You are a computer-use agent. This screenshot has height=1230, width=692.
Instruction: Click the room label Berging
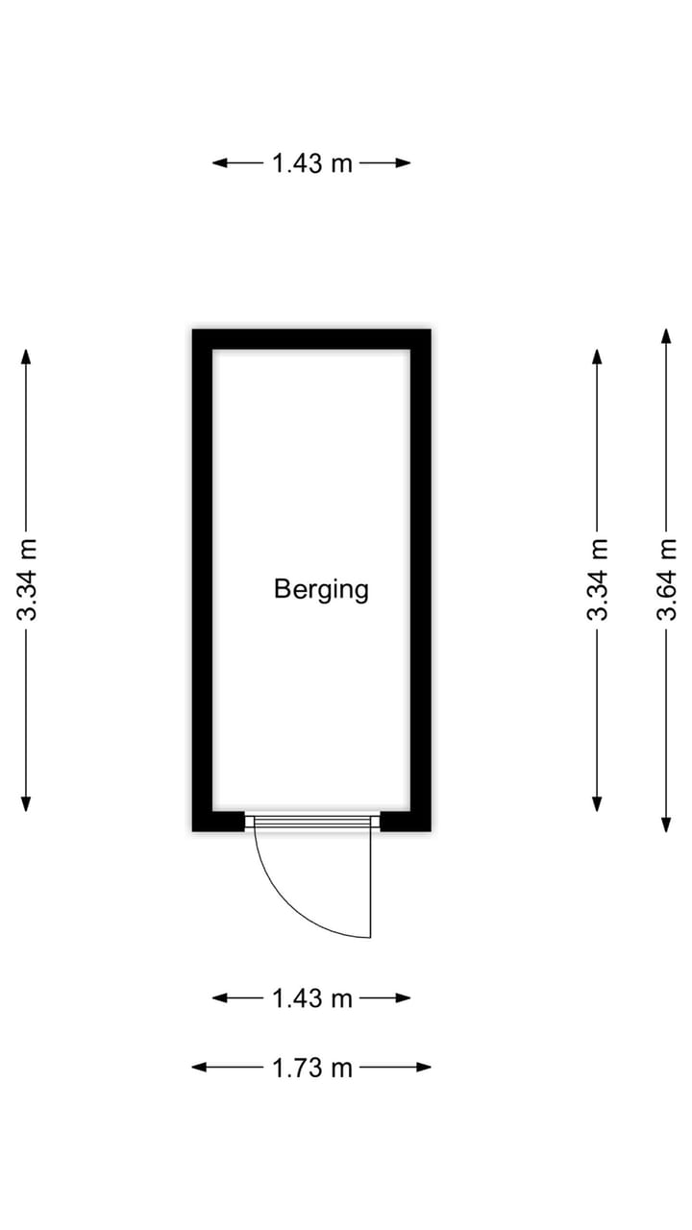pos(321,590)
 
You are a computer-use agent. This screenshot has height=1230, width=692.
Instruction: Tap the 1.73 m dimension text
pos(312,1068)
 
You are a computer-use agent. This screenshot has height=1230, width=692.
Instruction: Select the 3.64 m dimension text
pos(666,579)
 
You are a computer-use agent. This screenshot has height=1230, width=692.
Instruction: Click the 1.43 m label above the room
pos(312,163)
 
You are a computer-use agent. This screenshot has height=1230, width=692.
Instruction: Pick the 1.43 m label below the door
pos(312,998)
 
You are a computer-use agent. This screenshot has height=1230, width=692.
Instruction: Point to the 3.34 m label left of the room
pos(26,579)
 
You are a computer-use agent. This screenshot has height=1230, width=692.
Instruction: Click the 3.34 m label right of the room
pos(597,579)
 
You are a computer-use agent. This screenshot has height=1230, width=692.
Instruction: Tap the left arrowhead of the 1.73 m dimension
pos(198,1068)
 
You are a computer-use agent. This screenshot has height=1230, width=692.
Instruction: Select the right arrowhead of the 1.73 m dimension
pos(424,1068)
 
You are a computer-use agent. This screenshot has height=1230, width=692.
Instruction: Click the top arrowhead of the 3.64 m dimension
pos(666,335)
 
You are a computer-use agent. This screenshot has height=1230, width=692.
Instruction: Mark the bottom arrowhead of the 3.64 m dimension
pos(666,824)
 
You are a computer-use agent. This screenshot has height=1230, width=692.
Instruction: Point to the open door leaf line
pos(371,884)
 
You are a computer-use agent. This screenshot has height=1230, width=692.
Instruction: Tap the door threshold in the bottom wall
pos(312,822)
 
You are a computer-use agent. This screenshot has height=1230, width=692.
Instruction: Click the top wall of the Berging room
pos(311,339)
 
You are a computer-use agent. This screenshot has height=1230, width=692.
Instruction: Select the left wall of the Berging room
pos(202,579)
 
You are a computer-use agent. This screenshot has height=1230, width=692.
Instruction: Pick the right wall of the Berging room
pos(421,579)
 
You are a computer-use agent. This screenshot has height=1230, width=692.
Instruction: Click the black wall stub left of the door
pos(218,821)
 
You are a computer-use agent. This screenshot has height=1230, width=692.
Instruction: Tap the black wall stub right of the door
pos(406,821)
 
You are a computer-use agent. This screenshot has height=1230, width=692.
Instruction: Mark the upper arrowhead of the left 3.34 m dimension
pos(26,356)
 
